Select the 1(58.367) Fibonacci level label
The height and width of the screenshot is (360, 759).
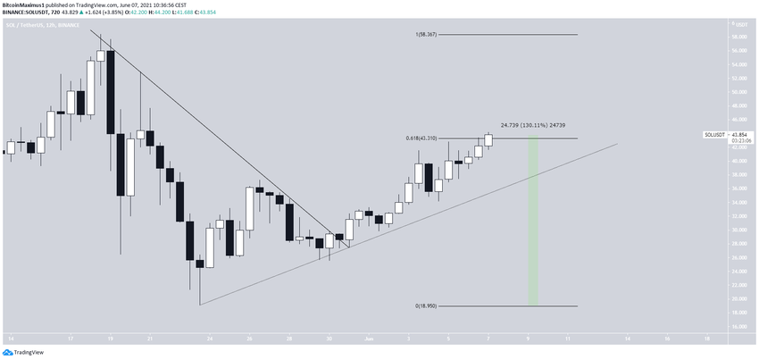(428, 34)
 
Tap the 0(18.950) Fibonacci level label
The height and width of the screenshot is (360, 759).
(427, 306)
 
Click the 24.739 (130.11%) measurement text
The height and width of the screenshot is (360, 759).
(533, 126)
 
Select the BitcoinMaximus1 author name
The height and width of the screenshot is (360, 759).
(27, 4)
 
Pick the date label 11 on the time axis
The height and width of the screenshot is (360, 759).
(569, 339)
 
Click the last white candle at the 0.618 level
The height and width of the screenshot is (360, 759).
(488, 140)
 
